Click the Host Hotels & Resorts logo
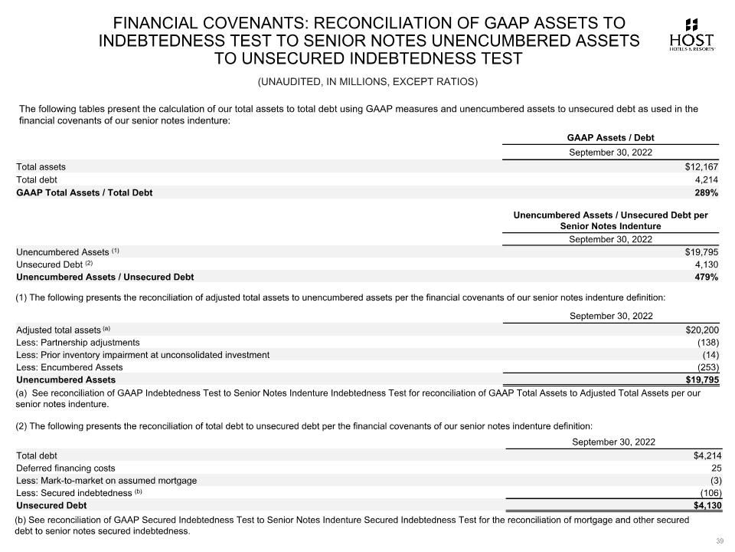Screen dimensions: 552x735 tap(692, 34)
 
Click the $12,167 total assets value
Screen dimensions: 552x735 tap(701, 166)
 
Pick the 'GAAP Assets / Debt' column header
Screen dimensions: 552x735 tap(610, 138)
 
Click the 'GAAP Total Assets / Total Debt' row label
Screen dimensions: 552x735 tap(84, 192)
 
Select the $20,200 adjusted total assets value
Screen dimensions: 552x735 tap(701, 330)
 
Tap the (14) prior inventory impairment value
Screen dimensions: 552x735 tap(710, 355)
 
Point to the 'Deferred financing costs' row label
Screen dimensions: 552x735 tap(66, 468)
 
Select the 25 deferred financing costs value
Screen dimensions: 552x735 tap(716, 468)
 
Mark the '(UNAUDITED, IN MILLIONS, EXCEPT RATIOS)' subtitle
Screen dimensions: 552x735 tap(367, 82)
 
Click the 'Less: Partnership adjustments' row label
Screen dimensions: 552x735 tap(78, 342)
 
